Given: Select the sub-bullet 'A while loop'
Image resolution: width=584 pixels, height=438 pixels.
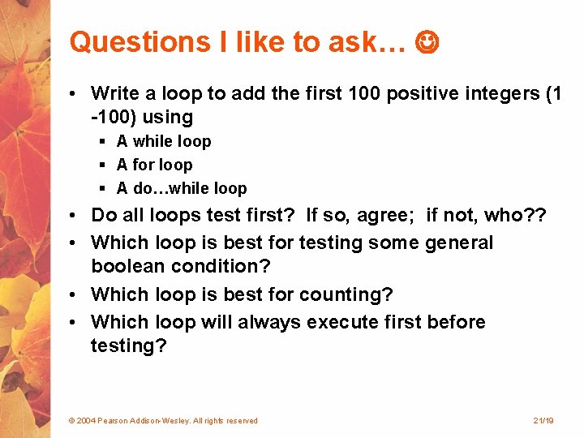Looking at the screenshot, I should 163,141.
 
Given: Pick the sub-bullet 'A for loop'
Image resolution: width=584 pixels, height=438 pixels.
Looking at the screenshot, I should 154,165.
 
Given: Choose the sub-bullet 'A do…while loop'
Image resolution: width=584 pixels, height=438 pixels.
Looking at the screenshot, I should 181,188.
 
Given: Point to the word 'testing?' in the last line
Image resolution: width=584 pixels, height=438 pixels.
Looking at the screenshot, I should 128,346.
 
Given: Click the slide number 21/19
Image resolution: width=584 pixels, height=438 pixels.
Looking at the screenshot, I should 543,420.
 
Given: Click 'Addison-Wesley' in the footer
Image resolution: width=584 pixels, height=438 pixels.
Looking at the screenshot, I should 163,420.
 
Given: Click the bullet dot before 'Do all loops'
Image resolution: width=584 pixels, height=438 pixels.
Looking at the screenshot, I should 74,216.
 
